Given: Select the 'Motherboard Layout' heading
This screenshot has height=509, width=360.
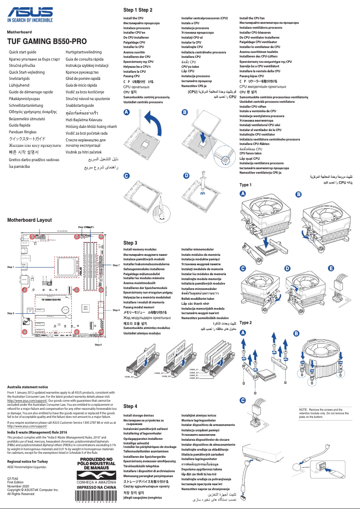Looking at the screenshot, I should pos(30,220).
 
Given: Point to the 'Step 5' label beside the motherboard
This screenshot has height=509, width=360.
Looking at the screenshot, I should pos(11,313).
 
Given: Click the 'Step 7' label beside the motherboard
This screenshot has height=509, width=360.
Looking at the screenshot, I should pos(116,266).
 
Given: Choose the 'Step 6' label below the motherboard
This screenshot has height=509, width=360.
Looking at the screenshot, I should pos(98,345).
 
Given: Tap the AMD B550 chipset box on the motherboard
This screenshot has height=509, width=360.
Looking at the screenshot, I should pos(85,308).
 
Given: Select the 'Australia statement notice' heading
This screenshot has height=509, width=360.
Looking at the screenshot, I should pos(28,387).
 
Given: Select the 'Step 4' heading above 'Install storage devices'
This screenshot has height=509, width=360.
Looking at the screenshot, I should pos(130,407).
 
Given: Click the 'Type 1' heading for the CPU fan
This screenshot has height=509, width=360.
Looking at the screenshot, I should pos(246,185).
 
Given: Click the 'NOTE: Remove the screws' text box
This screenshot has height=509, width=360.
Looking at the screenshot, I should pos(325,413).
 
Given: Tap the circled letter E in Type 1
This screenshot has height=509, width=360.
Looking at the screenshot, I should pos(331,268).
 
